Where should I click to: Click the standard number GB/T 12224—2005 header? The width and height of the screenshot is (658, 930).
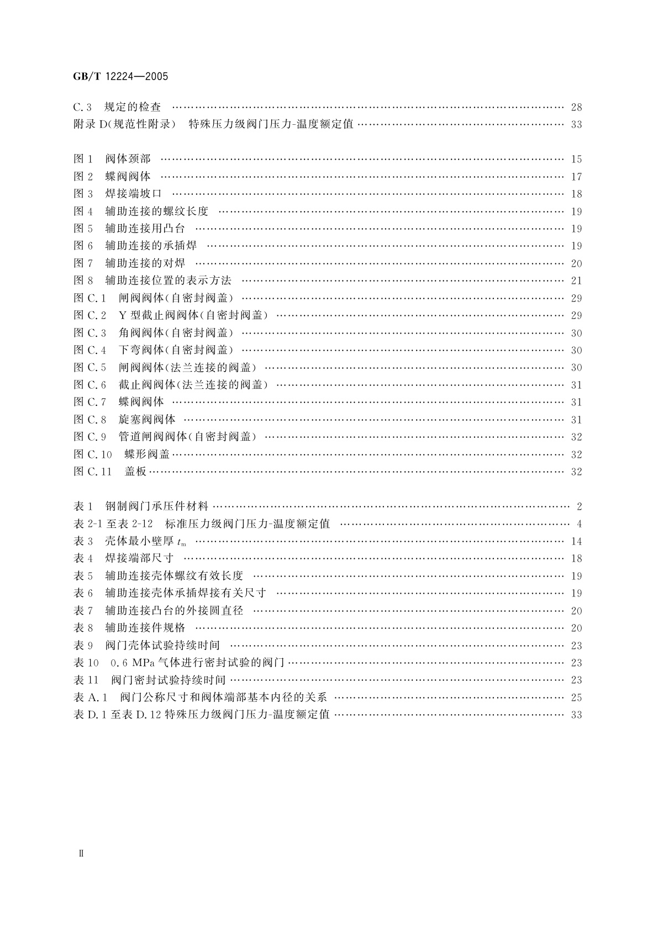click(x=120, y=77)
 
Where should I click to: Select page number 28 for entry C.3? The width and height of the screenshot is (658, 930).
click(x=576, y=107)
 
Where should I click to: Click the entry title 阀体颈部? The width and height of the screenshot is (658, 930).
click(x=128, y=159)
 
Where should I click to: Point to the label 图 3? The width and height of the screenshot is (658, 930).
click(x=83, y=194)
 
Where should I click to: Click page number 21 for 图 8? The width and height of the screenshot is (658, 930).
click(x=576, y=281)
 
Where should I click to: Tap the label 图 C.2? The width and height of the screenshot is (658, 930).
click(x=90, y=315)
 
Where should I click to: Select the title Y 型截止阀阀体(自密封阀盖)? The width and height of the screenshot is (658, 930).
click(x=193, y=315)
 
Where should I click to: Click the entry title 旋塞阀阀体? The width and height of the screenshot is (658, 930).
click(x=147, y=420)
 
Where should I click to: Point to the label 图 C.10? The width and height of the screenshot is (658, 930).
click(x=93, y=455)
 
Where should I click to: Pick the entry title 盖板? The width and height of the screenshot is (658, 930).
click(x=135, y=472)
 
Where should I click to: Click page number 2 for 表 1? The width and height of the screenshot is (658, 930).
click(x=579, y=506)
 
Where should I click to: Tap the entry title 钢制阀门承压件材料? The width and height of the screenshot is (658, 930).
click(x=157, y=506)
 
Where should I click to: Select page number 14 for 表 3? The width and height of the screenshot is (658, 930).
click(x=576, y=542)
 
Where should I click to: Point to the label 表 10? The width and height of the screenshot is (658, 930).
click(x=86, y=663)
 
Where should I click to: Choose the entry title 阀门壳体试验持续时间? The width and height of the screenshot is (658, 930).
click(x=162, y=646)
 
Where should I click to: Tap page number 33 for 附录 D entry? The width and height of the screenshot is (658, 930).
click(x=576, y=125)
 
